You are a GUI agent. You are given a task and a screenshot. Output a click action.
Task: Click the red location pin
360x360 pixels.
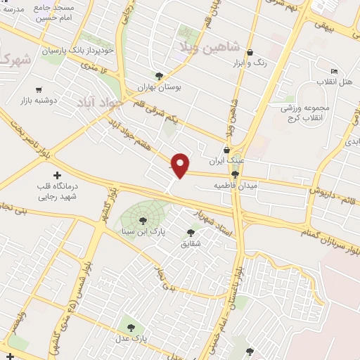click(x=181, y=165)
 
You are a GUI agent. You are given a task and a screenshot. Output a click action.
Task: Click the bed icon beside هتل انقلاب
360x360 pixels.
click(x=335, y=71)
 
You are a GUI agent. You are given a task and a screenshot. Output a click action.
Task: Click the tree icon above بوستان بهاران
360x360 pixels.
click(x=160, y=75)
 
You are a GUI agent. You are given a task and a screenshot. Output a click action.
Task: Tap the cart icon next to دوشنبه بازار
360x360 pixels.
click(x=38, y=90)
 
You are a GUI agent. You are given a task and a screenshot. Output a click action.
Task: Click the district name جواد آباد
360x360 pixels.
click(x=100, y=98)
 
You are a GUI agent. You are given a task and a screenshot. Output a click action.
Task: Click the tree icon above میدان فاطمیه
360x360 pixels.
click(x=235, y=174)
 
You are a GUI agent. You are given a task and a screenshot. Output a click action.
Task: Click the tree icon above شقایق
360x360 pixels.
click(x=191, y=233)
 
